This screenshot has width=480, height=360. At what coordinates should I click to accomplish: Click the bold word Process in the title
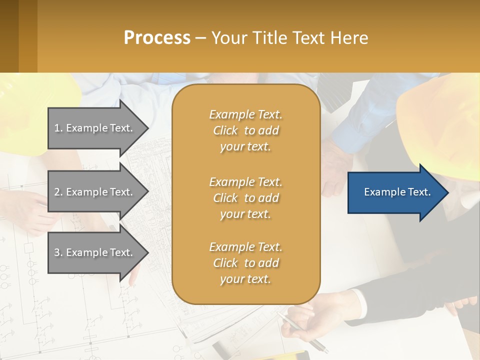pyautogui.click(x=157, y=37)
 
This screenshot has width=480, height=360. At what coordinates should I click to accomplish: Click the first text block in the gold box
pyautogui.click(x=245, y=130)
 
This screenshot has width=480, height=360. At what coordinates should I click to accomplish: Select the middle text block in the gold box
pyautogui.click(x=245, y=198)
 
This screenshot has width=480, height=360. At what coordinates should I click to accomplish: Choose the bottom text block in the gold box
pyautogui.click(x=245, y=263)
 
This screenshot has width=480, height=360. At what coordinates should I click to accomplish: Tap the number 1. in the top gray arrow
pyautogui.click(x=58, y=128)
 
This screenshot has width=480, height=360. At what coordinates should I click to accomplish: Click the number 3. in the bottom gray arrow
pyautogui.click(x=58, y=252)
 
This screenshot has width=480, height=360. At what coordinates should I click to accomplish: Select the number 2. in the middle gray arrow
pyautogui.click(x=58, y=192)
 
